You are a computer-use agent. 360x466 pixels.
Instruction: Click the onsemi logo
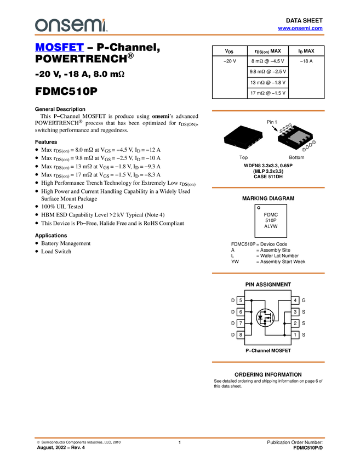[x=71, y=25]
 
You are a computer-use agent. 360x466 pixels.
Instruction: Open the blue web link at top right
[x=300, y=28]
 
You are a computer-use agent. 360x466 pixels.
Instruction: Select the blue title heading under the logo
[x=59, y=48]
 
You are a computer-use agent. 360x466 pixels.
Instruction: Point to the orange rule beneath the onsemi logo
[x=180, y=35]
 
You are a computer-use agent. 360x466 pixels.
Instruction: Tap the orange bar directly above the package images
[x=268, y=111]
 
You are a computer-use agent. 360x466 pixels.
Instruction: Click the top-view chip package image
[x=243, y=137]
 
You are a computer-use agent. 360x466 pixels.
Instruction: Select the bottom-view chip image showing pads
[x=296, y=137]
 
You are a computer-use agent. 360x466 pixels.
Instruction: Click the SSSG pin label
[x=285, y=127]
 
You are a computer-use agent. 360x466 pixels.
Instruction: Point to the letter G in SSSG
[x=290, y=126]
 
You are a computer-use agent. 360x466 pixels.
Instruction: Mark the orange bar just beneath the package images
[x=268, y=187]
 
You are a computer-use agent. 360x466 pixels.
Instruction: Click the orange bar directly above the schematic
[x=268, y=273]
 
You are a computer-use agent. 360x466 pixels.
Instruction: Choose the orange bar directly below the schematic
[x=268, y=362]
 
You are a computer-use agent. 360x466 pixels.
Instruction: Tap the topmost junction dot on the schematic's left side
[x=250, y=301]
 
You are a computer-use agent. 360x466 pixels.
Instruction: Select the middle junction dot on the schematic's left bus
[x=250, y=312]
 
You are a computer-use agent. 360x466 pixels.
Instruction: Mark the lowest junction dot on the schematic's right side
[x=285, y=333]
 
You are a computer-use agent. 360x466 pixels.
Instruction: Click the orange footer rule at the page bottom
[x=180, y=438]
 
